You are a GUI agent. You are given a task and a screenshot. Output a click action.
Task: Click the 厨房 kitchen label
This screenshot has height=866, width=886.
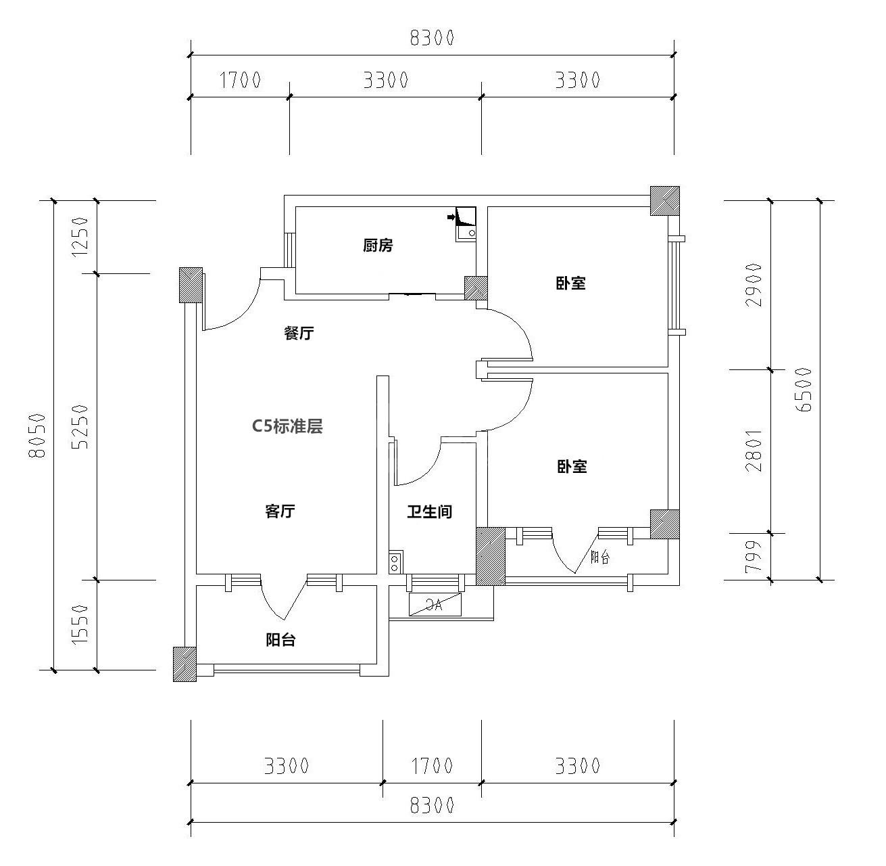point(377,246)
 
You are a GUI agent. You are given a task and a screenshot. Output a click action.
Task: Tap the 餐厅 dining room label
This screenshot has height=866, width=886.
point(299,333)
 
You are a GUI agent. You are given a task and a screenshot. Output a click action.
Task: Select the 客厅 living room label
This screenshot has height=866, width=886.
point(280,511)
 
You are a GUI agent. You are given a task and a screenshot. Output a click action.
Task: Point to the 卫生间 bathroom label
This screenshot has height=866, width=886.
point(429,511)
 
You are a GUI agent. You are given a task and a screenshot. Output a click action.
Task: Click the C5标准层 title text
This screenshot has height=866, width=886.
point(287,427)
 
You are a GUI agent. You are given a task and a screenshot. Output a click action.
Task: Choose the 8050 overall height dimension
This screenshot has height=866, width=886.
point(37,435)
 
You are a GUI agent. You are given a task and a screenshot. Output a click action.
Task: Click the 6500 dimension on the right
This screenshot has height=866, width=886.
point(804,390)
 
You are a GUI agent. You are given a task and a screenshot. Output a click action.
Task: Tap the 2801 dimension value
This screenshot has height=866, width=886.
point(754,451)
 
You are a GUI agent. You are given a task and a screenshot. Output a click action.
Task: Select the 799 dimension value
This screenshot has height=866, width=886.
point(754,557)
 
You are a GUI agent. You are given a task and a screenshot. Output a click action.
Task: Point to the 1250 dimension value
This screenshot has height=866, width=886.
point(80,237)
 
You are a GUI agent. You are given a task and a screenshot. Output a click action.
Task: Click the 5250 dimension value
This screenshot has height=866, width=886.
point(80,427)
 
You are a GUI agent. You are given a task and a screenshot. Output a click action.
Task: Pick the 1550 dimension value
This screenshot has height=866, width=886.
point(80,624)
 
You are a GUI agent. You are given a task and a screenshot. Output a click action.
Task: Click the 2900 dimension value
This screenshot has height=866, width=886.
point(754,285)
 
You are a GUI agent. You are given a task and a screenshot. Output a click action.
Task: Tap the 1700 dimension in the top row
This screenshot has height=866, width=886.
point(240,81)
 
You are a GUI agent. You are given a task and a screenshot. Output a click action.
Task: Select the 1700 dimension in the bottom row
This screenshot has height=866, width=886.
point(432,766)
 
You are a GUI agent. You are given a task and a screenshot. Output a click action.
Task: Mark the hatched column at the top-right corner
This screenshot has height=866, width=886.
point(665,200)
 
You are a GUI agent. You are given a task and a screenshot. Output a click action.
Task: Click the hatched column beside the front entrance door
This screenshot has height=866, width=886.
point(191,286)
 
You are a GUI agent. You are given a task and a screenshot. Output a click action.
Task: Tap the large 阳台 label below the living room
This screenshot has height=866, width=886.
point(280,641)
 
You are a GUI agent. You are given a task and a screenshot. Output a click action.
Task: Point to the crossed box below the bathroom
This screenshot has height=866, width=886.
point(435,605)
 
